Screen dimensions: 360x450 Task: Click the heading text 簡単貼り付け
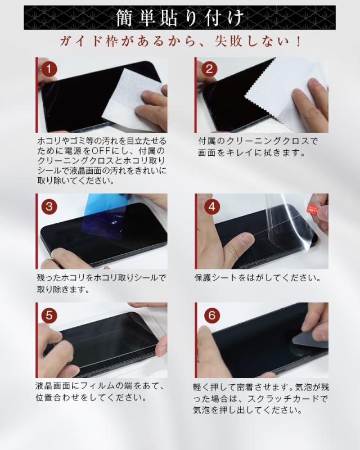tap(180, 18)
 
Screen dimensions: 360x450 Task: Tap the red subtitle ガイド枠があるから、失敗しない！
tap(181, 42)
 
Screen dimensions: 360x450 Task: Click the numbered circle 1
tap(48, 69)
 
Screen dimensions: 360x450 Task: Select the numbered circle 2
tap(209, 69)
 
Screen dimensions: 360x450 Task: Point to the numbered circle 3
tap(49, 206)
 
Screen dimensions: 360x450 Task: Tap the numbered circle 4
tap(212, 206)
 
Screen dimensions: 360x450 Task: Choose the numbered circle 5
tap(49, 316)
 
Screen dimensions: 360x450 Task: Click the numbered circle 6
tap(212, 316)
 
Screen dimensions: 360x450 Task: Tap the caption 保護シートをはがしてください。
tap(258, 277)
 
